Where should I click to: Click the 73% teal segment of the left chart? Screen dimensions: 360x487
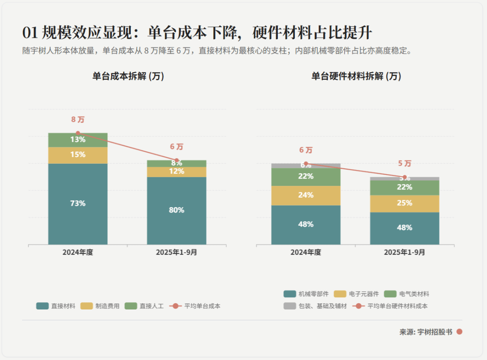(x=78, y=203)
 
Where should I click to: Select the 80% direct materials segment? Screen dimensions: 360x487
(x=176, y=210)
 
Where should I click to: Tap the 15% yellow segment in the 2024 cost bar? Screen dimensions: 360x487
(x=78, y=155)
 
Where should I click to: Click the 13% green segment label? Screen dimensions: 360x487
(x=78, y=140)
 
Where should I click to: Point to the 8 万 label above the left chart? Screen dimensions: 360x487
(x=78, y=120)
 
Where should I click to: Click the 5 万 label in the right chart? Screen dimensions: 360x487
(x=404, y=163)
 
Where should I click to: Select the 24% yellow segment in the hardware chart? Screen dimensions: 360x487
(x=306, y=195)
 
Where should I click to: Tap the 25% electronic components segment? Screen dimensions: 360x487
(x=404, y=203)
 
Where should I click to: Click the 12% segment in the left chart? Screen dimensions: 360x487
(x=176, y=171)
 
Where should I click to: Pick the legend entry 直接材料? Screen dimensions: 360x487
(x=55, y=306)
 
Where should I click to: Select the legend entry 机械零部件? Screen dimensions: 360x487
(x=306, y=294)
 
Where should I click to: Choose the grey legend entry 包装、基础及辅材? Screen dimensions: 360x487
(x=315, y=306)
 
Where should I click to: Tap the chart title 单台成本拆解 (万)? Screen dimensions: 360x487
(x=128, y=76)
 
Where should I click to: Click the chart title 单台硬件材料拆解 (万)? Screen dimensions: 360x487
(x=356, y=76)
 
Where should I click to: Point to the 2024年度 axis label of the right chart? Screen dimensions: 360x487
(x=306, y=253)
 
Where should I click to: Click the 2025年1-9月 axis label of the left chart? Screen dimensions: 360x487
(x=176, y=253)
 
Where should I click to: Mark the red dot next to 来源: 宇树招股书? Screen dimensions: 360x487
(x=459, y=332)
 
